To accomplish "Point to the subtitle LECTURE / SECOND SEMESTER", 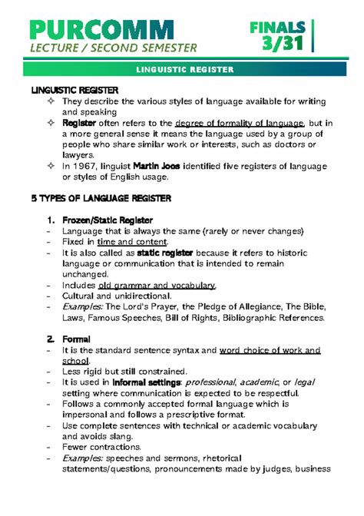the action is coord(114,48).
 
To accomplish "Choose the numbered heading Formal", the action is coord(76,339).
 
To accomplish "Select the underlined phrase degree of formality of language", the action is coord(240,122).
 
